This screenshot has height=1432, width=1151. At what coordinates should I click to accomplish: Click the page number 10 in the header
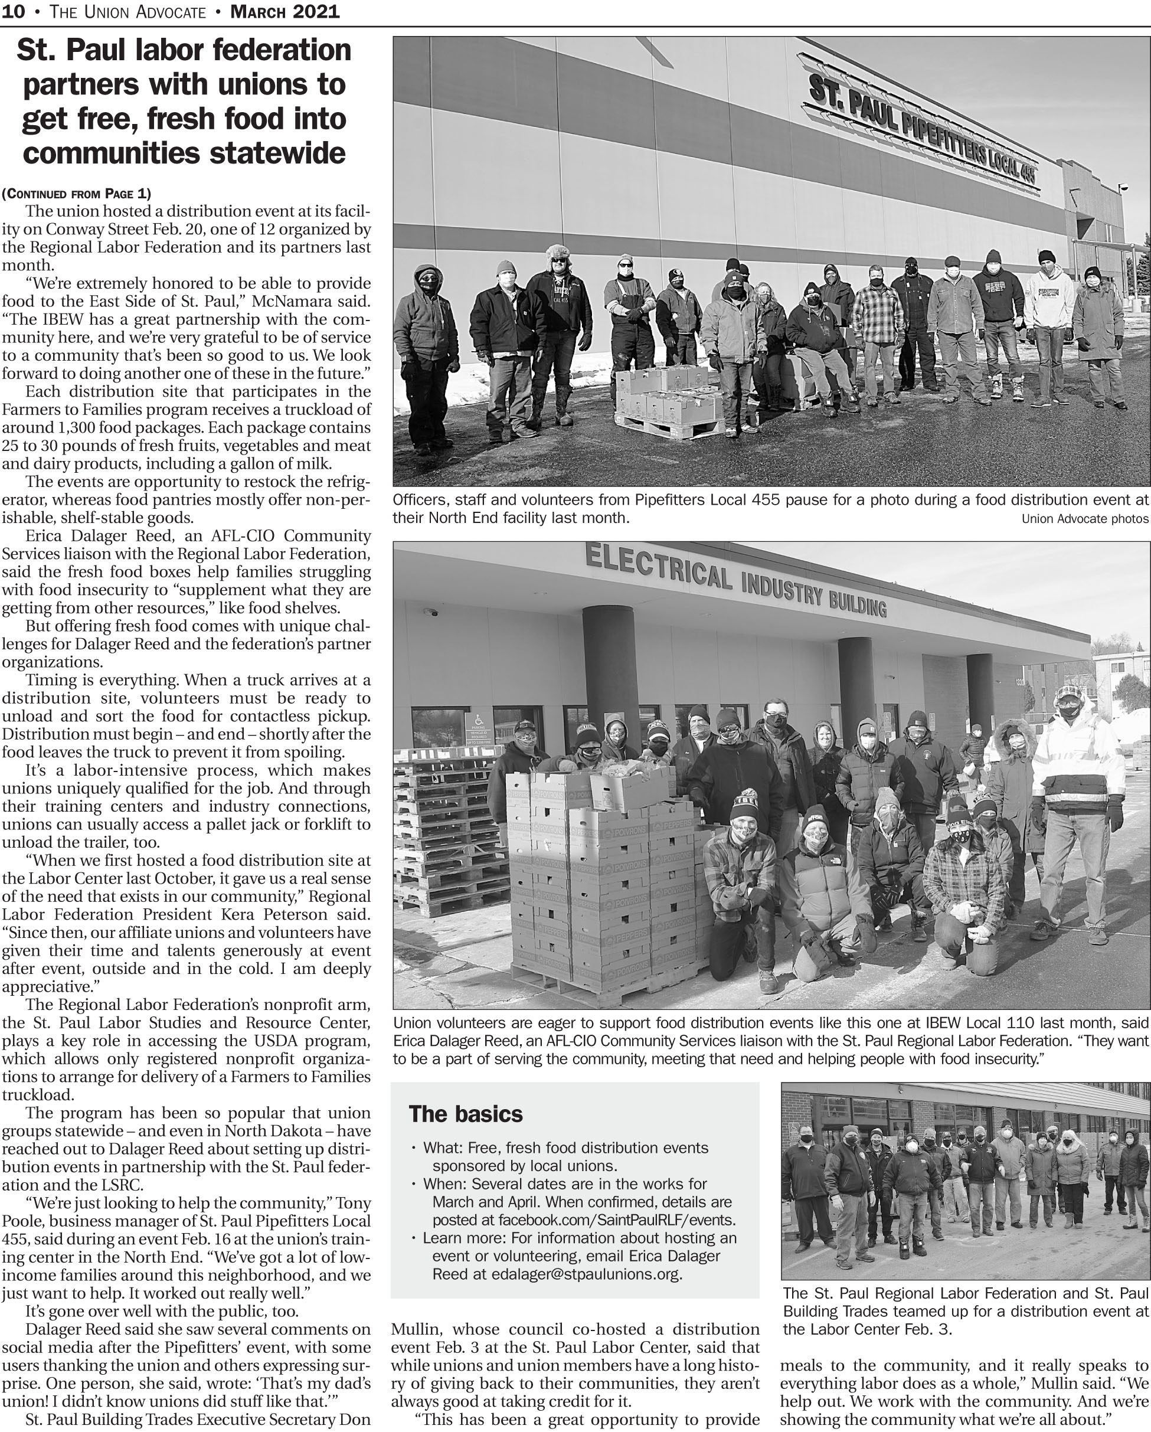point(14,11)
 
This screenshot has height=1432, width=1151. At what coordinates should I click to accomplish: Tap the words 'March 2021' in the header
point(285,11)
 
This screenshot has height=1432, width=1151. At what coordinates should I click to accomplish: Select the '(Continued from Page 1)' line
point(76,194)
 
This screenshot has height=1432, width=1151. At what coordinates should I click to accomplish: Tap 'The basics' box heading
point(466,1114)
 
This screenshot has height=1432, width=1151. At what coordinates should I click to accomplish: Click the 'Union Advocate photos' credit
point(1084,519)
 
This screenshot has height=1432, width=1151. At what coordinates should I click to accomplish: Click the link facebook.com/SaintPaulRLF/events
point(617,1220)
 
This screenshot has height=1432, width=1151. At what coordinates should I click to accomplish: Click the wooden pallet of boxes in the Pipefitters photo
point(664,404)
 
